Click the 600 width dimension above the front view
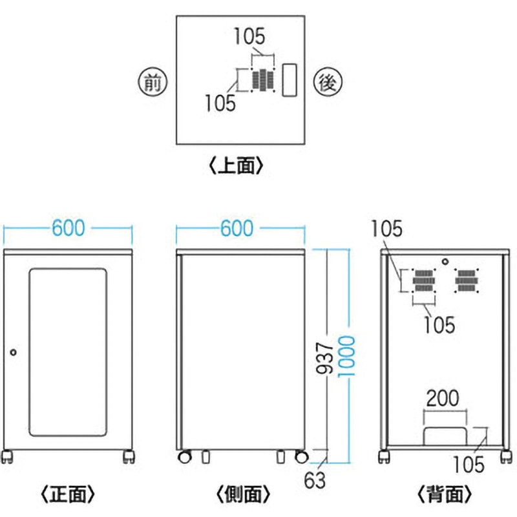click(x=68, y=228)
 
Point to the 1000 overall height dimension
click(x=350, y=355)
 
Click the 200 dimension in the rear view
click(x=445, y=397)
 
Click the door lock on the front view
click(x=14, y=352)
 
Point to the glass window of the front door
click(x=68, y=352)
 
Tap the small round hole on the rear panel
click(x=445, y=262)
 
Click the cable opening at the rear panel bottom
click(x=445, y=436)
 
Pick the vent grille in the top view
click(x=263, y=80)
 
